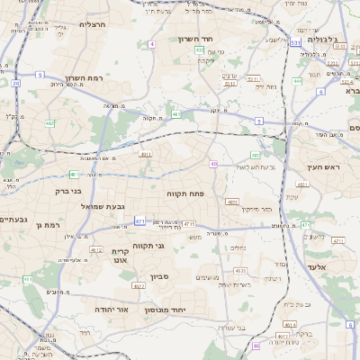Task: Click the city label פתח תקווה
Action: pos(186,193)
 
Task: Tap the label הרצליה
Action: pos(93,24)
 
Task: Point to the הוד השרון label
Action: pos(218,40)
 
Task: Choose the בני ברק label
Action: pos(63,191)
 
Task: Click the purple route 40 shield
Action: pos(213,164)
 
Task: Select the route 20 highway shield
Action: pos(15,83)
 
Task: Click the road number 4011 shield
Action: pos(146,154)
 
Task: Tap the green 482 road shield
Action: pos(256,154)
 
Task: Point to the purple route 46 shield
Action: pos(256,346)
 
